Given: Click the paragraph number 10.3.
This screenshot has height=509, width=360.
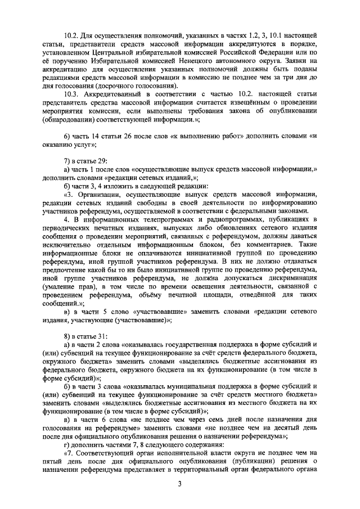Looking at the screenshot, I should click(x=73, y=93).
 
